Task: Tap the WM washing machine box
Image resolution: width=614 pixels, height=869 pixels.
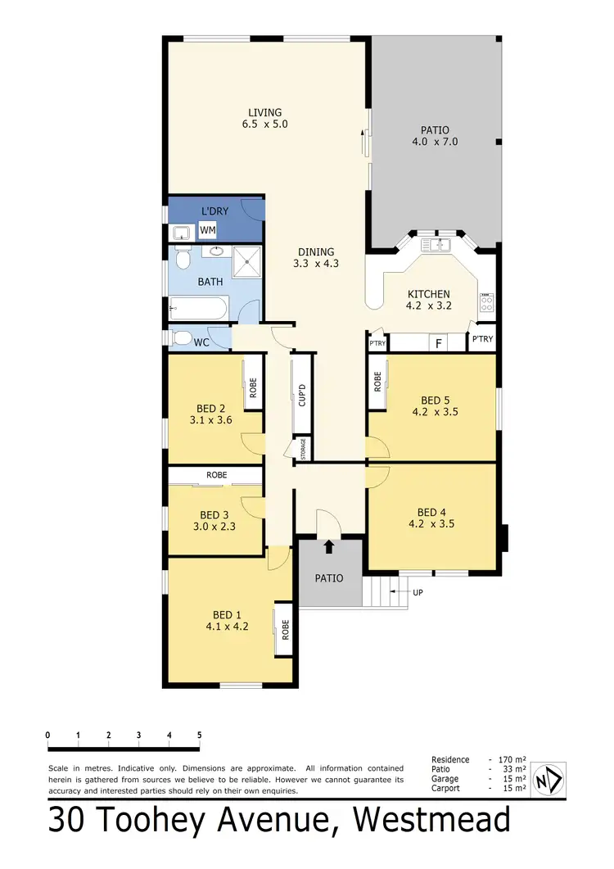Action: pyautogui.click(x=208, y=232)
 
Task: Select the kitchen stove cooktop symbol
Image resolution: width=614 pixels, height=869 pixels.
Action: pyautogui.click(x=487, y=303)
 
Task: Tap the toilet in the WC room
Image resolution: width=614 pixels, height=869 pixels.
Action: pyautogui.click(x=182, y=337)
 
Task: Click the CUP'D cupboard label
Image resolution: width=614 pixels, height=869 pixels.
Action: pyautogui.click(x=301, y=396)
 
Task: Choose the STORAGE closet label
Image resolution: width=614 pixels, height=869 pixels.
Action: pyautogui.click(x=303, y=449)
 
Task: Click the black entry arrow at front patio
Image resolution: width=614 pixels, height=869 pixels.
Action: pyautogui.click(x=329, y=547)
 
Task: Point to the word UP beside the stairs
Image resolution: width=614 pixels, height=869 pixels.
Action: pyautogui.click(x=418, y=591)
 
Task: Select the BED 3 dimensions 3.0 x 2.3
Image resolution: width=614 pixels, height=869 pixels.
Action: pyautogui.click(x=214, y=527)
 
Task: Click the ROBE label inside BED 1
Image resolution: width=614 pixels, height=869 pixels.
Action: pyautogui.click(x=286, y=629)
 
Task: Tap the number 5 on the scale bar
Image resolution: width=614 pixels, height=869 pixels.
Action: pyautogui.click(x=199, y=735)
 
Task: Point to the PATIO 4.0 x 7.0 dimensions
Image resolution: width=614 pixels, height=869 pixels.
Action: pyautogui.click(x=435, y=142)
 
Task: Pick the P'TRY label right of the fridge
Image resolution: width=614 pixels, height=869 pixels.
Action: pyautogui.click(x=482, y=339)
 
